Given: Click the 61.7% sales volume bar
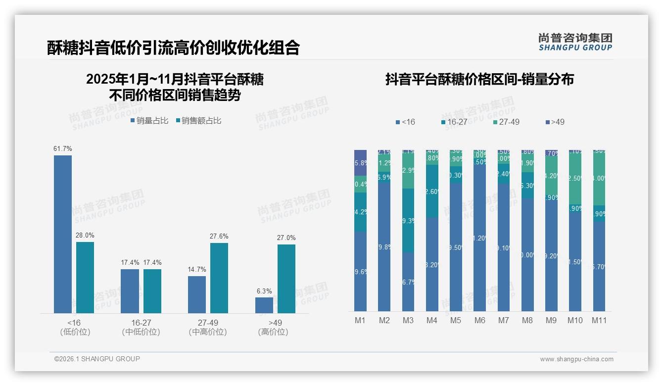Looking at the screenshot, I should [x=63, y=234].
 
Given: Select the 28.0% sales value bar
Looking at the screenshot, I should [x=85, y=277].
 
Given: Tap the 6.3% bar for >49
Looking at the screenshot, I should [x=264, y=305].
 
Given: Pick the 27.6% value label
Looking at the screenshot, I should [x=219, y=237].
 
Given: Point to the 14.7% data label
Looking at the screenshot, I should [x=197, y=270].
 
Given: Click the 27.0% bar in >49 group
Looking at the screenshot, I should [x=286, y=279].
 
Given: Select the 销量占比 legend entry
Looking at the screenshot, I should [x=149, y=121].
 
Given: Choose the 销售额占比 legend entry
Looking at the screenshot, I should [x=198, y=121].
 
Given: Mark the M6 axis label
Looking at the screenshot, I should [x=479, y=321].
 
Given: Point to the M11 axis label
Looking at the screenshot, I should [x=599, y=321].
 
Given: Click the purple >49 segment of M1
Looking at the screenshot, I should [x=361, y=162].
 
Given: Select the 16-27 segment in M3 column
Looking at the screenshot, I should [x=408, y=221].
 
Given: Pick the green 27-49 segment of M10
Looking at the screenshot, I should [x=575, y=178].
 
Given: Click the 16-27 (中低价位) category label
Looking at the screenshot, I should [x=141, y=328].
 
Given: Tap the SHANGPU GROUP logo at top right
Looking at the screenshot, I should [x=575, y=42].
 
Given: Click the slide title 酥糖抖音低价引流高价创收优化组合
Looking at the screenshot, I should [x=173, y=48].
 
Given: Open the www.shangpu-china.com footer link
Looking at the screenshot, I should [x=576, y=359].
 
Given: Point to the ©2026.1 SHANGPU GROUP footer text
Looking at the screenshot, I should [x=97, y=359].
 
